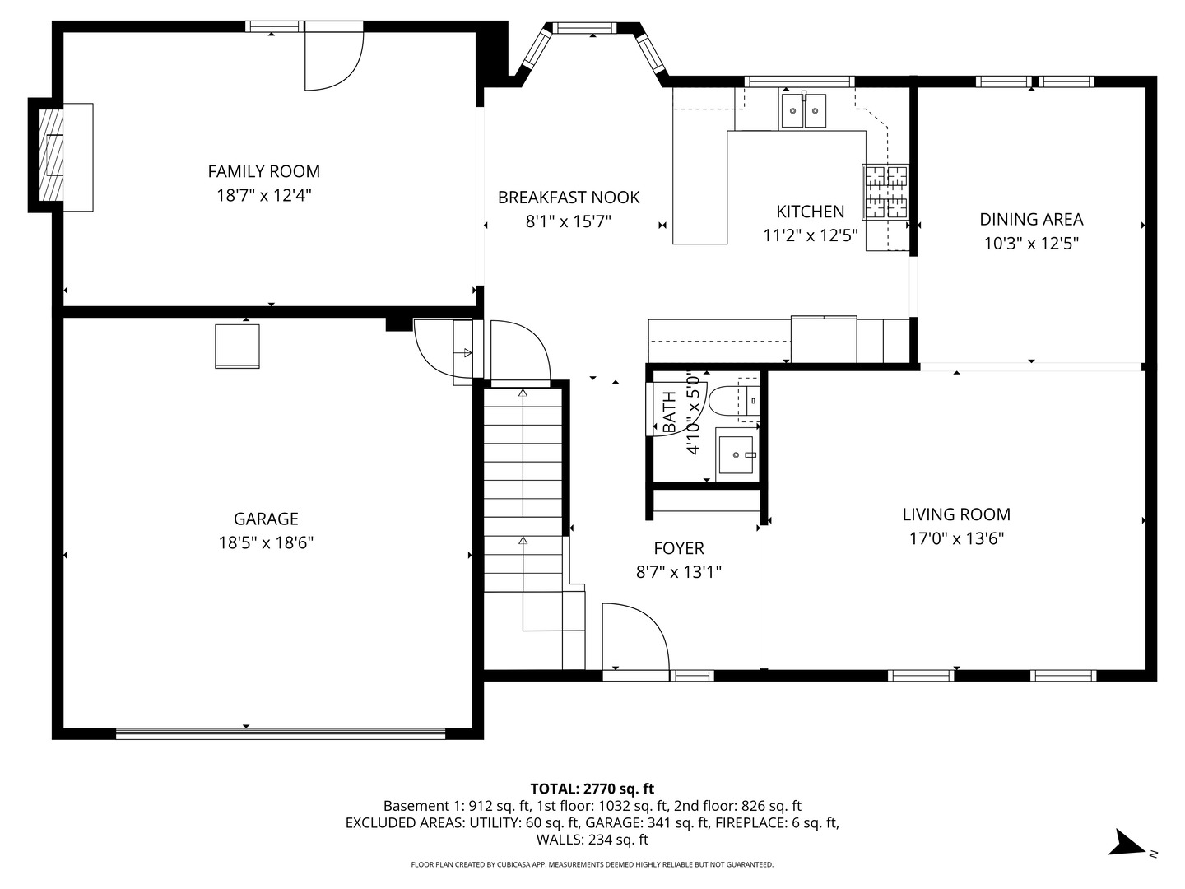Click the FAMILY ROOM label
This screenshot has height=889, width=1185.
[263, 171]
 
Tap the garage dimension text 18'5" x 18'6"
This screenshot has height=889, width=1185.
[265, 542]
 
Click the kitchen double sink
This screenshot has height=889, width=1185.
[803, 111]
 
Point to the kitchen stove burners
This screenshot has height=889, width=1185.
[885, 192]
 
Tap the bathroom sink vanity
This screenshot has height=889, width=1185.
[736, 454]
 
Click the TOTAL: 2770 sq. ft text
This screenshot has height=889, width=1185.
[592, 789]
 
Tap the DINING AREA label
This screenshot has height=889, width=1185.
[1030, 219]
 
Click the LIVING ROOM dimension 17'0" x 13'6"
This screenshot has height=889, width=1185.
[955, 538]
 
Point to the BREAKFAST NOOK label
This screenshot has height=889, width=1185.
[568, 198]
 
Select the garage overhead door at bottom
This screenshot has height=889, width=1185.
[281, 733]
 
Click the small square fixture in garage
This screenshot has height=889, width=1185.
[237, 347]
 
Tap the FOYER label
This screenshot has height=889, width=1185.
[678, 548]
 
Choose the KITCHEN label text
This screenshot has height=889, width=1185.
[810, 212]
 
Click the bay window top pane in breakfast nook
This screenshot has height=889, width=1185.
[584, 28]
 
